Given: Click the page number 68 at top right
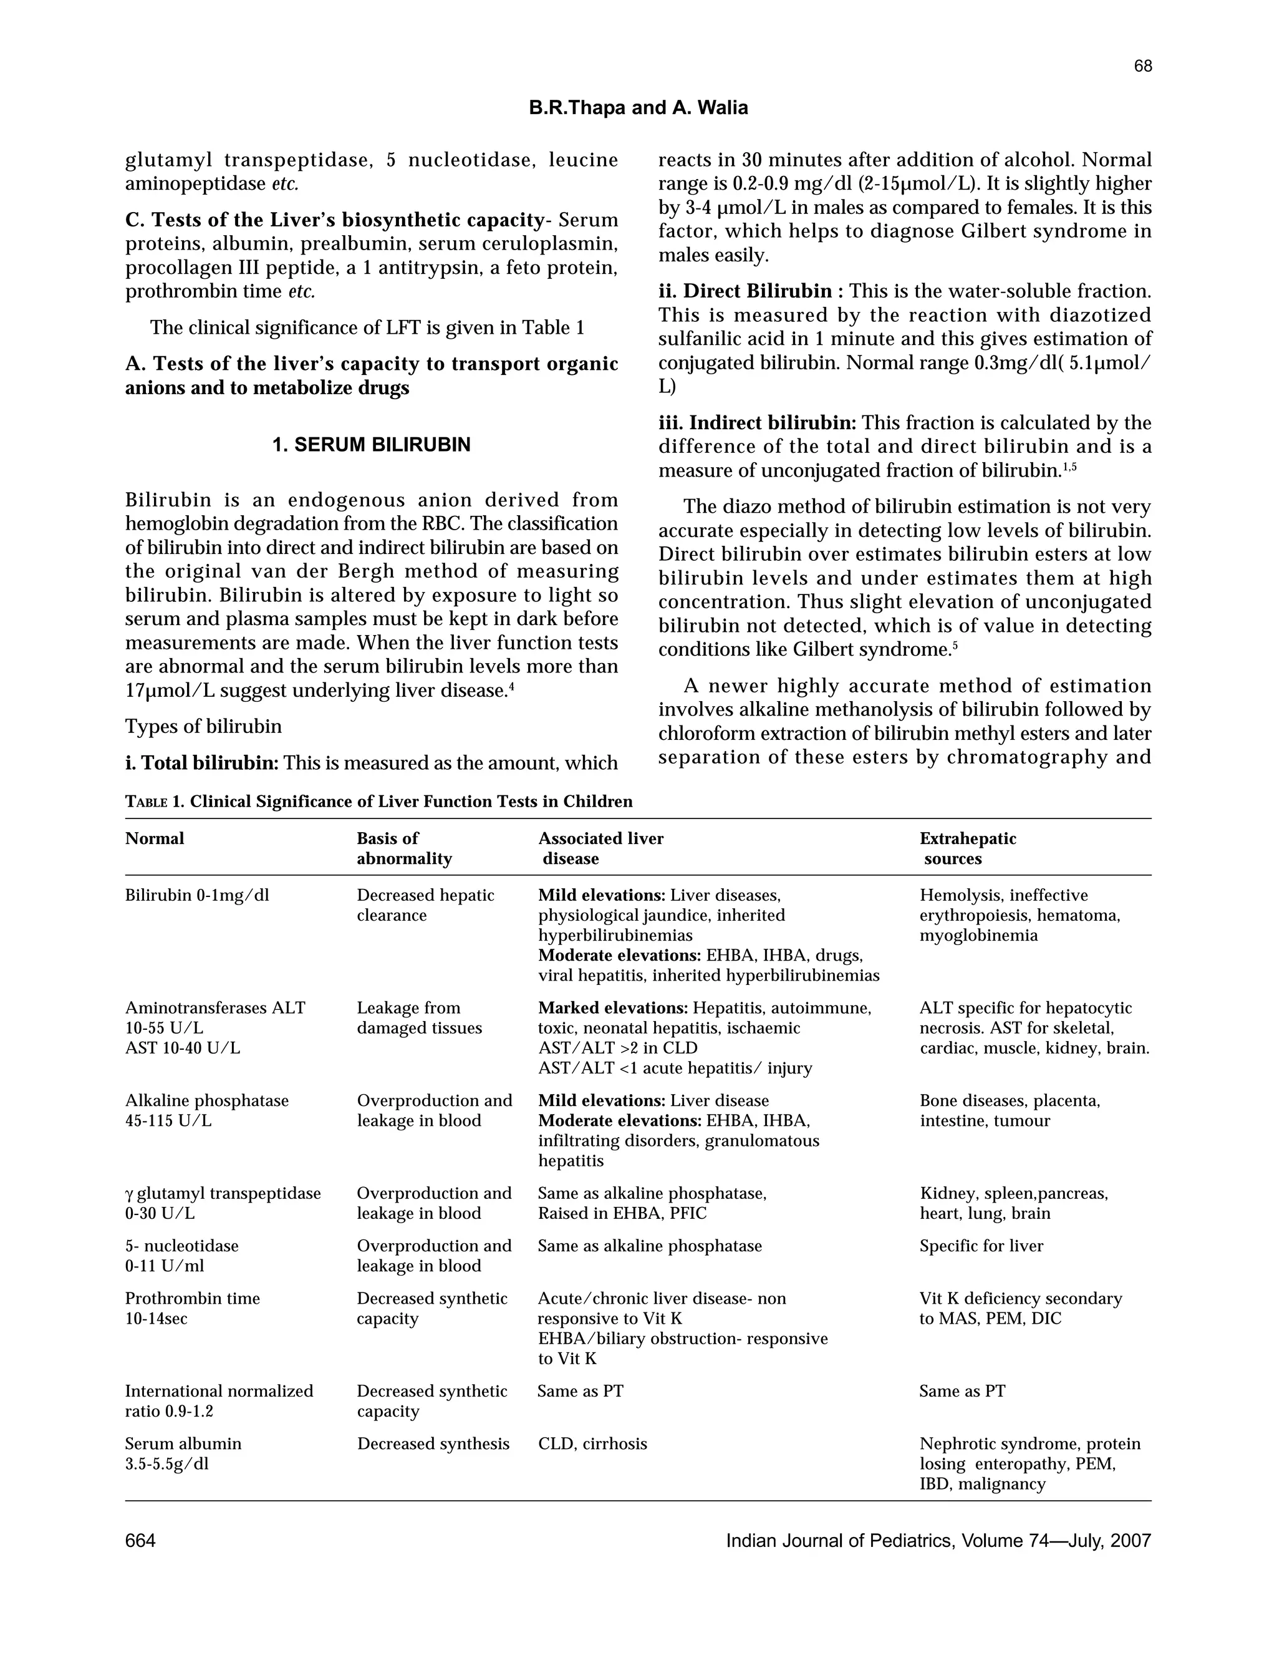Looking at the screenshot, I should tap(1142, 67).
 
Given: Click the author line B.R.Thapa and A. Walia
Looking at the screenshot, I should tap(638, 109).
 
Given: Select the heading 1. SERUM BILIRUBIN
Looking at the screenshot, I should tap(371, 445).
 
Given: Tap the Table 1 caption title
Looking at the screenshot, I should tap(378, 802).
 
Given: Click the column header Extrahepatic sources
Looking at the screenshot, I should tap(968, 848).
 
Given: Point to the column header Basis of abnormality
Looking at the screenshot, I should tap(404, 848).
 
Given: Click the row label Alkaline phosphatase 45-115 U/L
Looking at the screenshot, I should tap(206, 1110).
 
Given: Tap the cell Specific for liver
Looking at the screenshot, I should tap(981, 1246).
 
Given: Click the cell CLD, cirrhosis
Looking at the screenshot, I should tap(592, 1443).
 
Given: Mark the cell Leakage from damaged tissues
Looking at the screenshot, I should tap(419, 1018).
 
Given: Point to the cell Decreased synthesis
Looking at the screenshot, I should tap(433, 1443).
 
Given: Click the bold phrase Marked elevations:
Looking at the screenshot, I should tap(613, 1008).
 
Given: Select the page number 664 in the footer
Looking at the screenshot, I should tap(141, 1540).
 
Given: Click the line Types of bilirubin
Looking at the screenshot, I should tap(203, 727).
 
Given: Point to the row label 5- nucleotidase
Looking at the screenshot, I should tap(181, 1246).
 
